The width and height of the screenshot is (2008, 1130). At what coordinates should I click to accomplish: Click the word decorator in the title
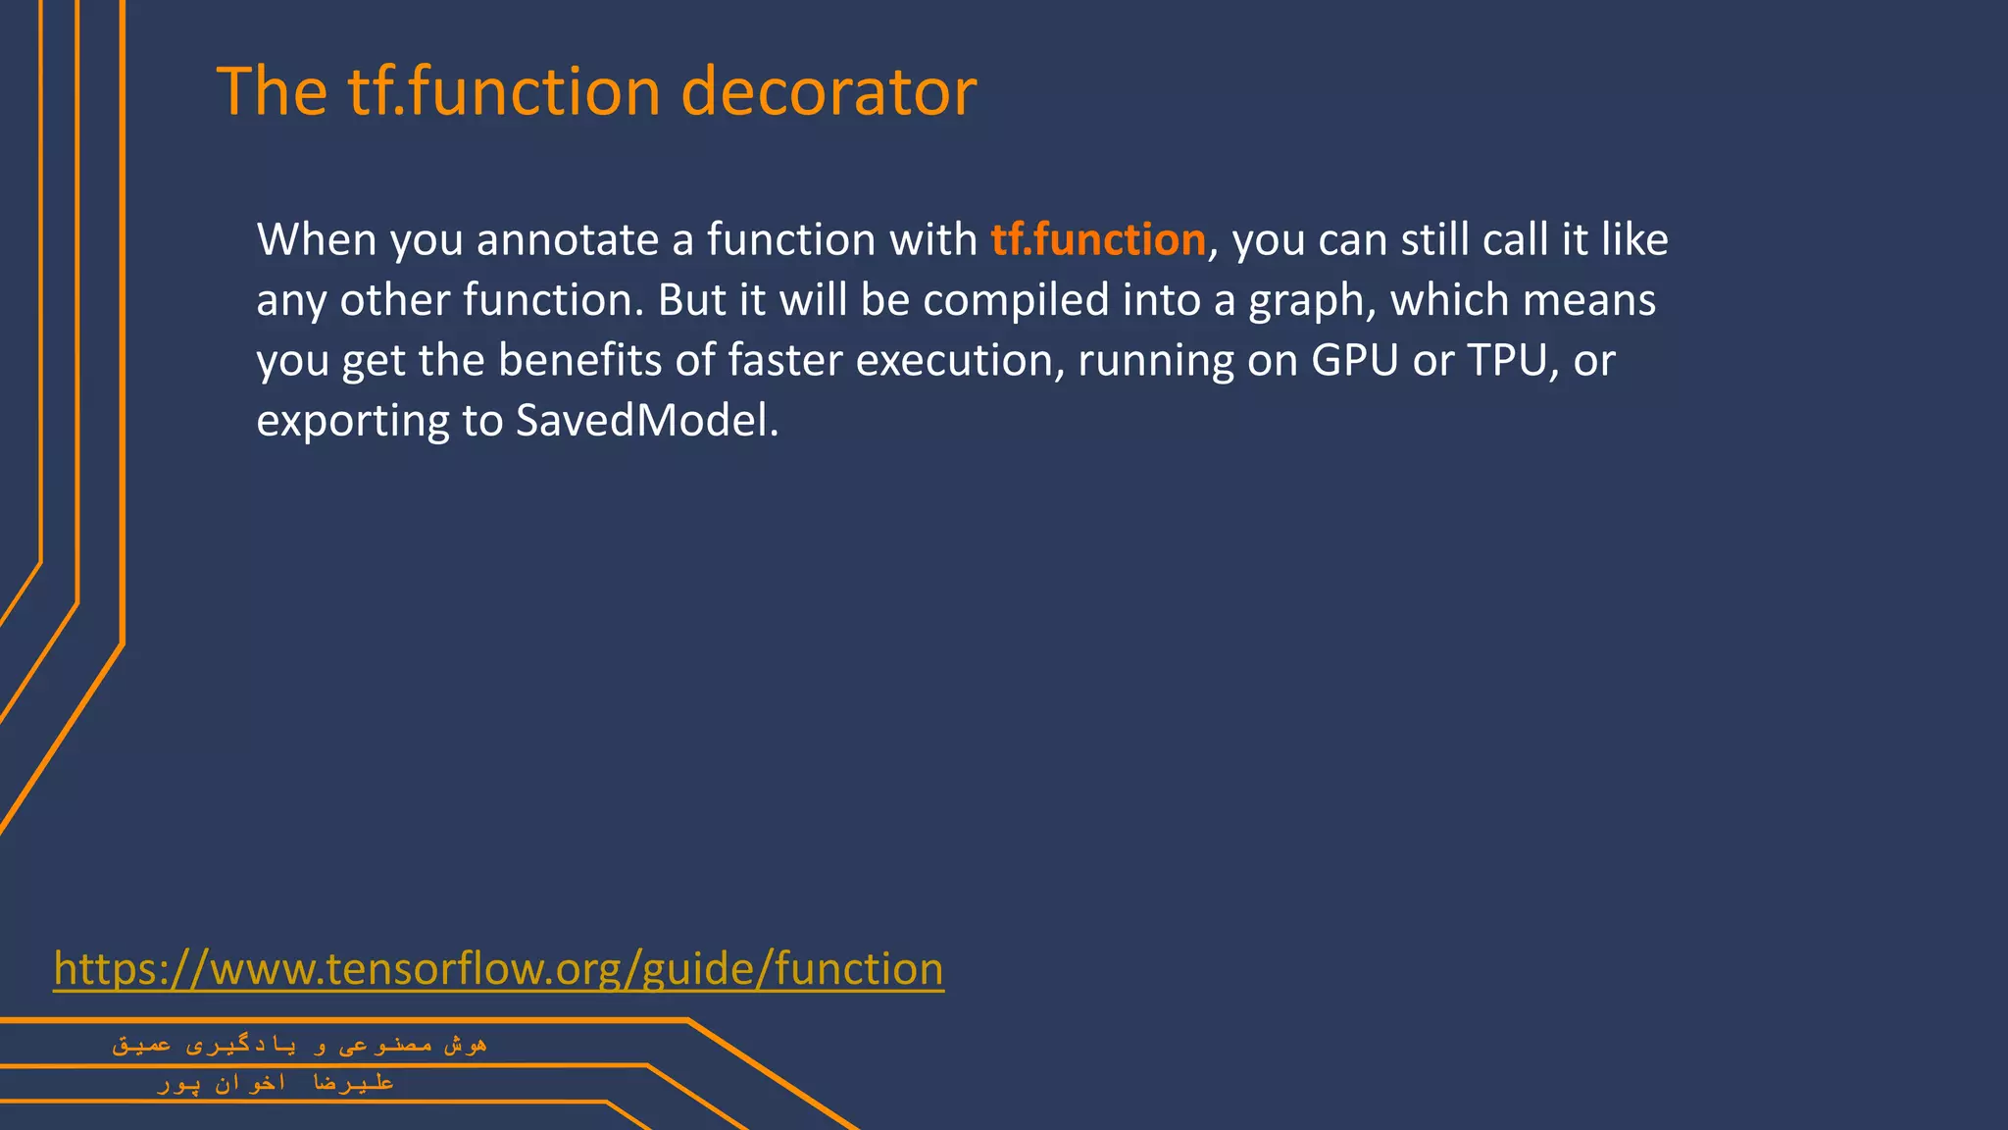828,92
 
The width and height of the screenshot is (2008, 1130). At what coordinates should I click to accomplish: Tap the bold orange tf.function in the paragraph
1097,240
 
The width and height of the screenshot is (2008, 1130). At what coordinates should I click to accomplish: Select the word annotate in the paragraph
568,240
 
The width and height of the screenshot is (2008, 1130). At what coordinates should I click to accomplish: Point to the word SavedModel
646,421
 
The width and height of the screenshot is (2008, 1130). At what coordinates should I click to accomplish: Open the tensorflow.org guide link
498,969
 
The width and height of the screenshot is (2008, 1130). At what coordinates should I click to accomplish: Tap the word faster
784,361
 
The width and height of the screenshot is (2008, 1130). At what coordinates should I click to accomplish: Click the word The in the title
272,92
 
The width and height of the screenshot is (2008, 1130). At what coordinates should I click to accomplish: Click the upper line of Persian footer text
299,1046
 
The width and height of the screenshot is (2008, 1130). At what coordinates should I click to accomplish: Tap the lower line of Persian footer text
276,1083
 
